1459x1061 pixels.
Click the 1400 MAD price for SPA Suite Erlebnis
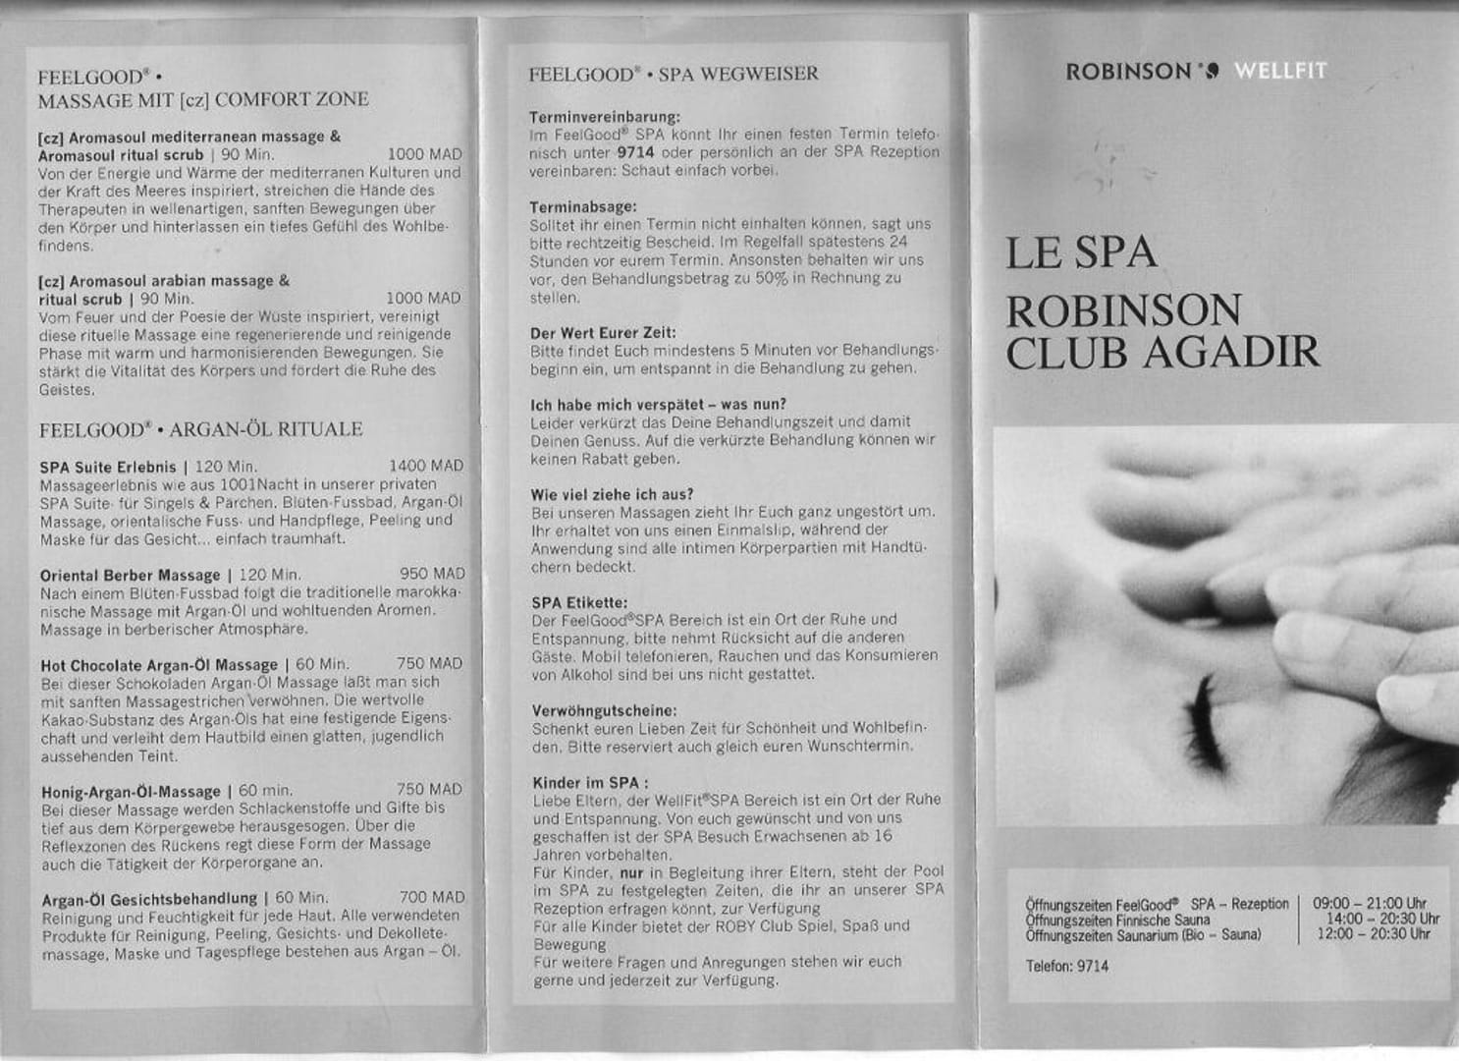point(425,466)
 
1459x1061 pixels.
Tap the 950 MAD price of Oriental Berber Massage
point(432,574)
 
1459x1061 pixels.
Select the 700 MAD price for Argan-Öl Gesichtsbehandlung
point(432,897)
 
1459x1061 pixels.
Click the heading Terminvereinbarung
point(604,117)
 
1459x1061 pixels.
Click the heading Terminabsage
point(583,207)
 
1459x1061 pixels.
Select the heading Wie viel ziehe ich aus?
point(612,494)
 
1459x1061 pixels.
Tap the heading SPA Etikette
point(579,602)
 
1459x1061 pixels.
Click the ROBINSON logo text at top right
point(1128,71)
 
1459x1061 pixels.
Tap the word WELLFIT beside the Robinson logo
point(1279,71)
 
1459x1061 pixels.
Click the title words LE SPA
point(1080,253)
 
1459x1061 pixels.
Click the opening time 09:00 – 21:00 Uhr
point(1369,903)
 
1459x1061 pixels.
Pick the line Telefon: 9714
point(1066,966)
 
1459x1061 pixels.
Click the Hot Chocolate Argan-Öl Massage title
point(159,665)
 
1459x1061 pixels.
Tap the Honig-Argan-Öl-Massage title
point(132,791)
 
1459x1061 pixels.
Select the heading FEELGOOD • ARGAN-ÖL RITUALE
point(200,429)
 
